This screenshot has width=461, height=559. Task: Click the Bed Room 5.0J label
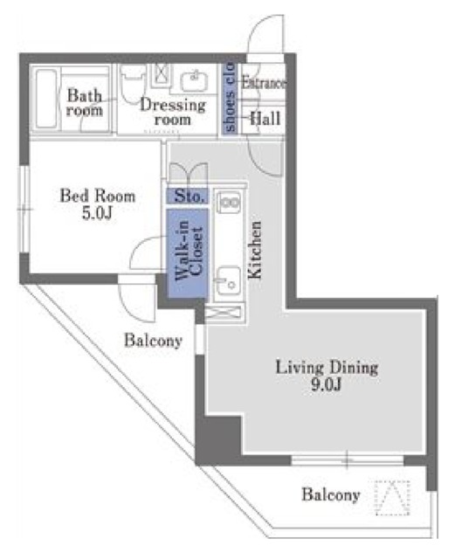point(97,204)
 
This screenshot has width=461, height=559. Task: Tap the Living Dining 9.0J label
point(327,376)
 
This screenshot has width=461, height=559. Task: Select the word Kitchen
point(255,250)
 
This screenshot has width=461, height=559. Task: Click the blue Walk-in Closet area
point(187,253)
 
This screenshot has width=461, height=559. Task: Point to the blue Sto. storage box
point(187,196)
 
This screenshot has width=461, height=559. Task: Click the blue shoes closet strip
point(229,99)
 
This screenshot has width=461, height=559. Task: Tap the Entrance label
point(264,83)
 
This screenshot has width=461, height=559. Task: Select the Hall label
point(265,119)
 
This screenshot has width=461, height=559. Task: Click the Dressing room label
point(173,112)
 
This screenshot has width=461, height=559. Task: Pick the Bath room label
point(85,103)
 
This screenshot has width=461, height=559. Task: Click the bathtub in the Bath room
point(46,99)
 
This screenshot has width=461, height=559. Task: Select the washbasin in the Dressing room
point(194,81)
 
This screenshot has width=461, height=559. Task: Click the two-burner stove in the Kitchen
point(229,203)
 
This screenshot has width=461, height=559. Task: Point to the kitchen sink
point(228,280)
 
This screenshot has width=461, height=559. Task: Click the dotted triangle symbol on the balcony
point(392,497)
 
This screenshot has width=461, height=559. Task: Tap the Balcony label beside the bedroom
point(153,341)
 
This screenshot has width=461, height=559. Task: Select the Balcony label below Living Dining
point(331,495)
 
